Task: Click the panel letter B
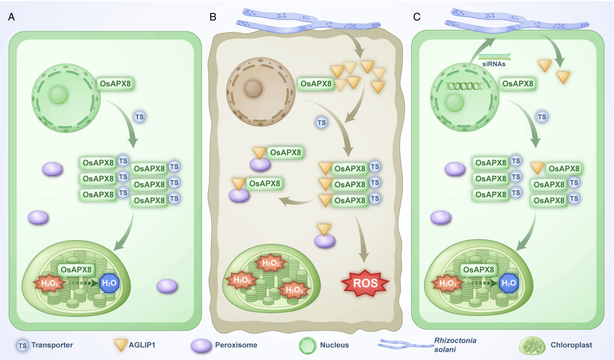213,17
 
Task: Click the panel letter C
416,17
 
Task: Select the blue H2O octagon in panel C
507,283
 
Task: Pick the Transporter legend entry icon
22,345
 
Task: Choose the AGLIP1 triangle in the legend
120,345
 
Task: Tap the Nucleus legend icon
307,345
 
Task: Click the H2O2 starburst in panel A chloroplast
49,283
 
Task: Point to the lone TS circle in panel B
321,123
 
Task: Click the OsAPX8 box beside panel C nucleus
518,84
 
